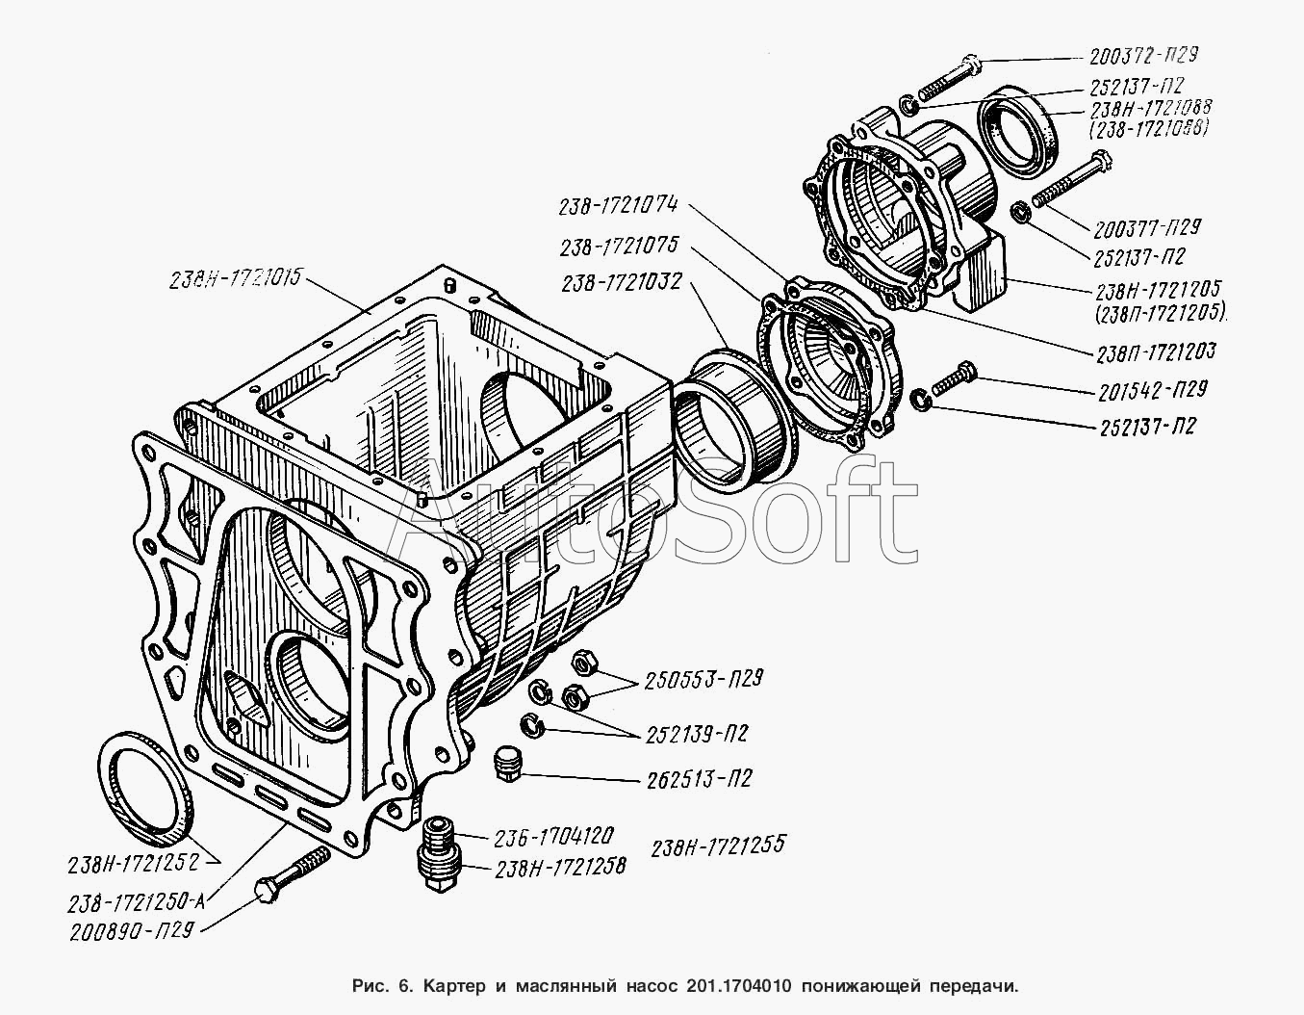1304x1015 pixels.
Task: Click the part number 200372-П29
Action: pyautogui.click(x=1144, y=56)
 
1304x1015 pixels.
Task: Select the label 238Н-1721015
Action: pyautogui.click(x=235, y=279)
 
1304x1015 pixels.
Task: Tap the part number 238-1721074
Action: pyautogui.click(x=618, y=206)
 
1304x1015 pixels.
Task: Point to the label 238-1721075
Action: pyautogui.click(x=619, y=247)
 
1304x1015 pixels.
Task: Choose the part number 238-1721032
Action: pyautogui.click(x=622, y=282)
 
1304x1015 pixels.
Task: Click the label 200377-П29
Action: pyautogui.click(x=1147, y=228)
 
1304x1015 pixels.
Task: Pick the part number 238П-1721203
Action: pyautogui.click(x=1156, y=352)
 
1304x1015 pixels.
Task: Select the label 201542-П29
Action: pyautogui.click(x=1153, y=391)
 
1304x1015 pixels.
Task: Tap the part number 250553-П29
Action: pyautogui.click(x=703, y=680)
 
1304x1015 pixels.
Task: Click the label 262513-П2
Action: pyautogui.click(x=699, y=780)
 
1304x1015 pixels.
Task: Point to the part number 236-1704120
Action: pyautogui.click(x=554, y=838)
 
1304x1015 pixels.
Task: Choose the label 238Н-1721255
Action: pyautogui.click(x=718, y=846)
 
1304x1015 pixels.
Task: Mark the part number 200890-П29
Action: pyautogui.click(x=132, y=931)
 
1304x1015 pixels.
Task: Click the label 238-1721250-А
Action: pyautogui.click(x=137, y=902)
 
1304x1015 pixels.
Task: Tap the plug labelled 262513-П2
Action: pyautogui.click(x=509, y=765)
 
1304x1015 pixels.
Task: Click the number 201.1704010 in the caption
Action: pyautogui.click(x=737, y=985)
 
